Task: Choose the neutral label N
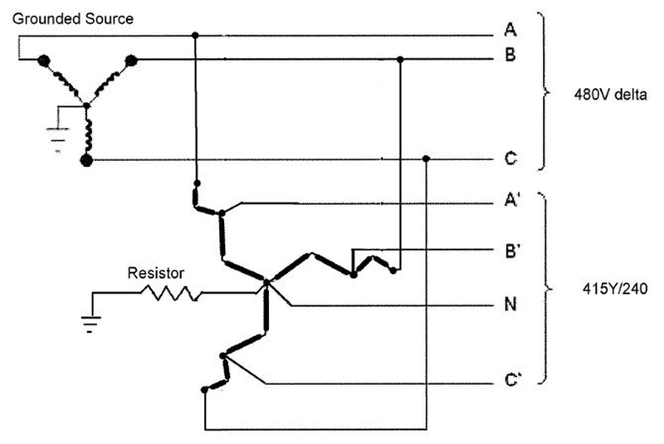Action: (512, 305)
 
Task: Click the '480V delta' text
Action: (600, 93)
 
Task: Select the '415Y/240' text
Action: (600, 290)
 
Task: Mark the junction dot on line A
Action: (196, 36)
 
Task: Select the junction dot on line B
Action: (401, 60)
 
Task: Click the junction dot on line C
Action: (426, 159)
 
